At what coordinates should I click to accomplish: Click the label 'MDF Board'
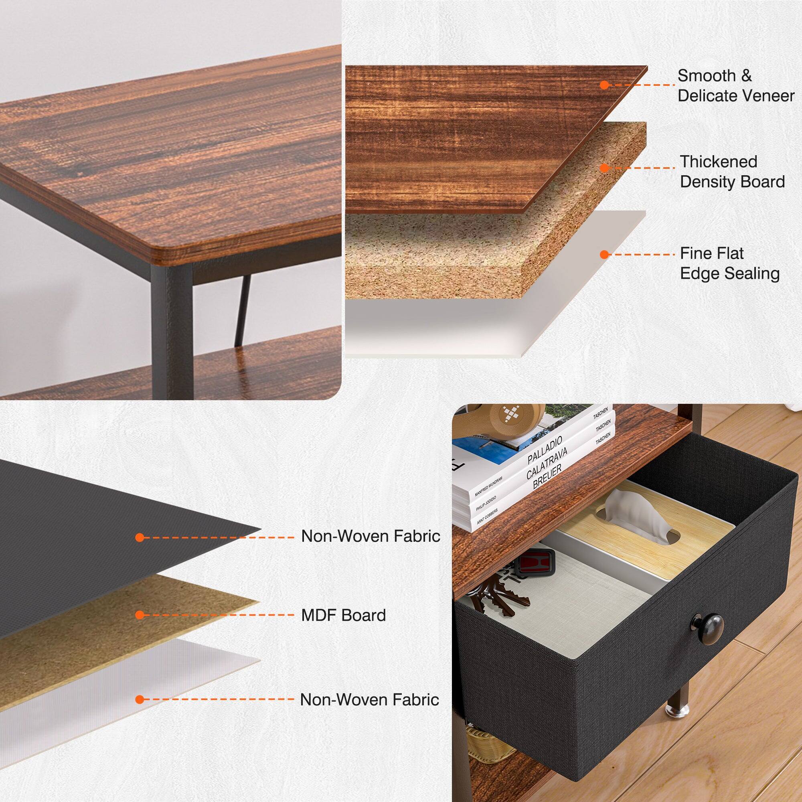343,615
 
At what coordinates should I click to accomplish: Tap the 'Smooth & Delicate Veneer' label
735,85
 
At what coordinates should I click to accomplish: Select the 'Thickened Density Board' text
732,172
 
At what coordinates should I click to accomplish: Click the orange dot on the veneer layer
604,85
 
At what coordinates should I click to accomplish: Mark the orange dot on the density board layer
604,168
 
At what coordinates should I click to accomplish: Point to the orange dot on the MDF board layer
140,615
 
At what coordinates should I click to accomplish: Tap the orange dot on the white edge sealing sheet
604,254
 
